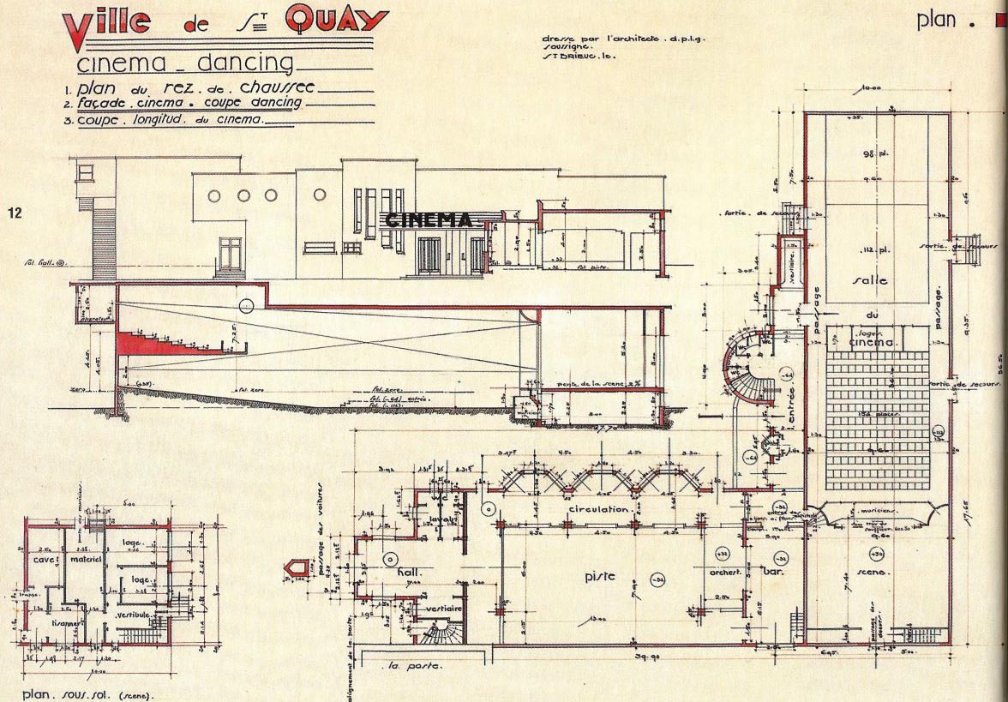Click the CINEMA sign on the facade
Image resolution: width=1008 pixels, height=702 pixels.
(x=429, y=220)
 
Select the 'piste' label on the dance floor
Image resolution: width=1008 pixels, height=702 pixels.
(x=601, y=576)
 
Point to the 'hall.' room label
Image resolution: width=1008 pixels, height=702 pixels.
(x=412, y=571)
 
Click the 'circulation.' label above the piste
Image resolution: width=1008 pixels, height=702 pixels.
(x=599, y=509)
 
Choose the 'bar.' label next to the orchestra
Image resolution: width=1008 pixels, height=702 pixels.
(x=776, y=571)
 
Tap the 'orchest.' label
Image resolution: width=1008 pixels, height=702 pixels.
(x=724, y=571)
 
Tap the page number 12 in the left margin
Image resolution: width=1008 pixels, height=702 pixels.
(x=15, y=212)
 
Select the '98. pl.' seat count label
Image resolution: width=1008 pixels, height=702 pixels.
(x=873, y=154)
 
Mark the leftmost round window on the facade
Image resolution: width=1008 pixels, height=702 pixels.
(x=214, y=195)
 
